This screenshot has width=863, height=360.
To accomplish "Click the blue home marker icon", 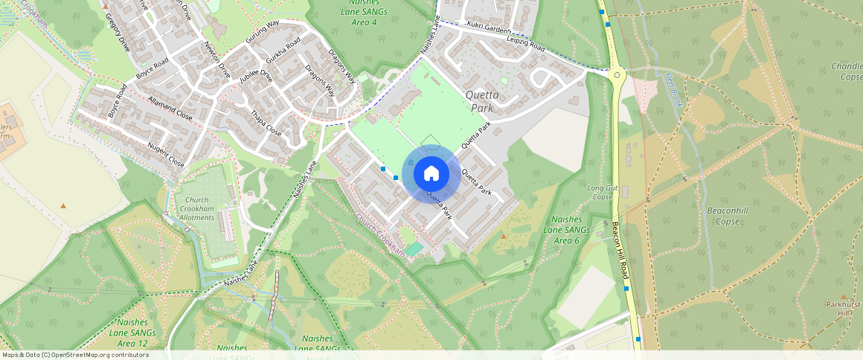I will click(x=431, y=173).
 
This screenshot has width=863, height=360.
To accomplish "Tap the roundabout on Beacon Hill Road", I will click(x=616, y=74).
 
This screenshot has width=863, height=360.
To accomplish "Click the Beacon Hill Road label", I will click(x=619, y=250).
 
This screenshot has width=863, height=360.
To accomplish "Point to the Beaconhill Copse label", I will click(x=722, y=216).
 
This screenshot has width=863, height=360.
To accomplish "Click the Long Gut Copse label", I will click(x=600, y=193).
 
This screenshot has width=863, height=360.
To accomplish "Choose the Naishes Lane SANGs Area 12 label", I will click(x=137, y=332).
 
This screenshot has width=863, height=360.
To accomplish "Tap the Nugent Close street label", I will click(x=165, y=155).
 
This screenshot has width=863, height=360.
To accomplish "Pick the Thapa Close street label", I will click(x=266, y=123).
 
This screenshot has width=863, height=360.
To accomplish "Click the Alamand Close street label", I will click(x=170, y=109).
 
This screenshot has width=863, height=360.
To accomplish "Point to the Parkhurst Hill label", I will click(x=843, y=309).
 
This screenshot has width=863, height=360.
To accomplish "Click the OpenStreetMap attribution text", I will click(x=74, y=355).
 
